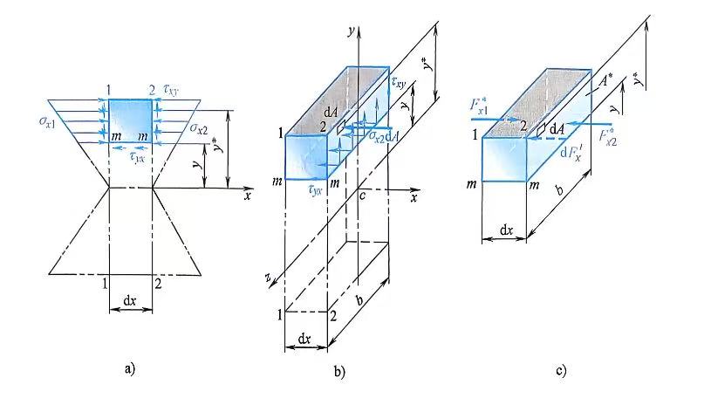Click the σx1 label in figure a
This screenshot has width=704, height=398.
click(47, 121)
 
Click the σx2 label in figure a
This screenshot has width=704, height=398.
click(198, 128)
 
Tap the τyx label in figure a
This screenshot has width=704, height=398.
click(137, 157)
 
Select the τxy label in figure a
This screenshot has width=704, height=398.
click(170, 89)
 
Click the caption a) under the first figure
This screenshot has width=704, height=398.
click(129, 369)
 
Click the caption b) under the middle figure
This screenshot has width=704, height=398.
click(339, 372)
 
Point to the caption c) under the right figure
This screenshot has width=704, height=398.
click(561, 371)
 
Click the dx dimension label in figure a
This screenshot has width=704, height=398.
click(130, 300)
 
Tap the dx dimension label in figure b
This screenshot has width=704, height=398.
click(304, 339)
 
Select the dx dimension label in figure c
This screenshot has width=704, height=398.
click(506, 230)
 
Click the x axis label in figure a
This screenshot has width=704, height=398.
click(247, 196)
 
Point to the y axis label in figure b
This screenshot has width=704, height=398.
click(351, 31)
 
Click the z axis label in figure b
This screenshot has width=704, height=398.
click(268, 278)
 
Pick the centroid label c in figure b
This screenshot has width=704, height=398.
click(362, 195)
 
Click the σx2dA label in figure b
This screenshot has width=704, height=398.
click(384, 136)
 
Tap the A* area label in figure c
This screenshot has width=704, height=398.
click(605, 81)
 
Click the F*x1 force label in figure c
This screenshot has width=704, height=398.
click(479, 106)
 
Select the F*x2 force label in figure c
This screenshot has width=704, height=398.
click(608, 135)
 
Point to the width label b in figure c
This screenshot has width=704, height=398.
click(559, 190)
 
